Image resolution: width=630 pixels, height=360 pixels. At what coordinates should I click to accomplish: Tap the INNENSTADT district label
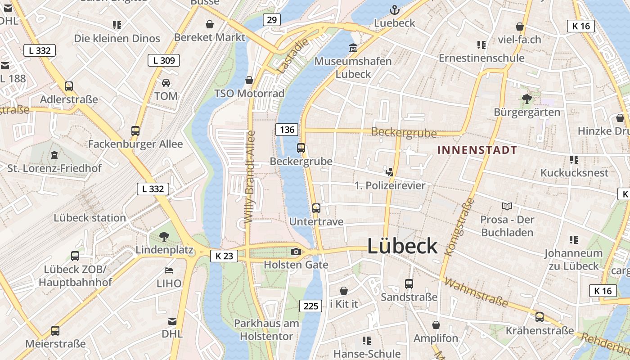(477, 150)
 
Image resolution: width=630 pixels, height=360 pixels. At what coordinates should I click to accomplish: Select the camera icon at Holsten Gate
(296, 252)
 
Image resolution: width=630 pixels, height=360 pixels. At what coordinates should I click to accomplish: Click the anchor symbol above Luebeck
(394, 9)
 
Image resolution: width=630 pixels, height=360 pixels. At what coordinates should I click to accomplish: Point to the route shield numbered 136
(287, 130)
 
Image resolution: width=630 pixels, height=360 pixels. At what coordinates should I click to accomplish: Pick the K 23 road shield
(224, 256)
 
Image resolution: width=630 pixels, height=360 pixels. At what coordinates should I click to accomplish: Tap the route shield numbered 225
(311, 306)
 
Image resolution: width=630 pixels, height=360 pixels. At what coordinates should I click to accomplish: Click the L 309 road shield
(164, 60)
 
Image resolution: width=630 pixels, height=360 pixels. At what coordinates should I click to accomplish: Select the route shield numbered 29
(271, 20)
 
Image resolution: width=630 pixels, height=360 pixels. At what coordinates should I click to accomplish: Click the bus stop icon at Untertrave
(316, 208)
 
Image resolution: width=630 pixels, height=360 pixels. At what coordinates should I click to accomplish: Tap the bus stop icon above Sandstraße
(409, 284)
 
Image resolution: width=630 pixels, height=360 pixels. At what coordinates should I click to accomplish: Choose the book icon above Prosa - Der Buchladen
(507, 206)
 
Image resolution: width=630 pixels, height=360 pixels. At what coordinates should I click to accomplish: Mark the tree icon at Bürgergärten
(526, 99)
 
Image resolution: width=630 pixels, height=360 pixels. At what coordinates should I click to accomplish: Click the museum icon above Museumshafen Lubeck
(353, 48)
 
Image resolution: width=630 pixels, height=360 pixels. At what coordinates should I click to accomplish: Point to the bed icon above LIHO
(169, 270)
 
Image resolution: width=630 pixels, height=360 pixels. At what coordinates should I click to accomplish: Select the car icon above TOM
(166, 83)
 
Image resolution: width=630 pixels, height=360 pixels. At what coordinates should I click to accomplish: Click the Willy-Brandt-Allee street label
(250, 177)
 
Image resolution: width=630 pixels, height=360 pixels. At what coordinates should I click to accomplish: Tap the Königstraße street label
(459, 227)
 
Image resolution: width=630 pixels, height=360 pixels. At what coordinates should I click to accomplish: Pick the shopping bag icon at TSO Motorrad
(249, 80)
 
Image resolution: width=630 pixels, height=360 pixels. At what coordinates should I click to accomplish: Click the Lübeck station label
(90, 218)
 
